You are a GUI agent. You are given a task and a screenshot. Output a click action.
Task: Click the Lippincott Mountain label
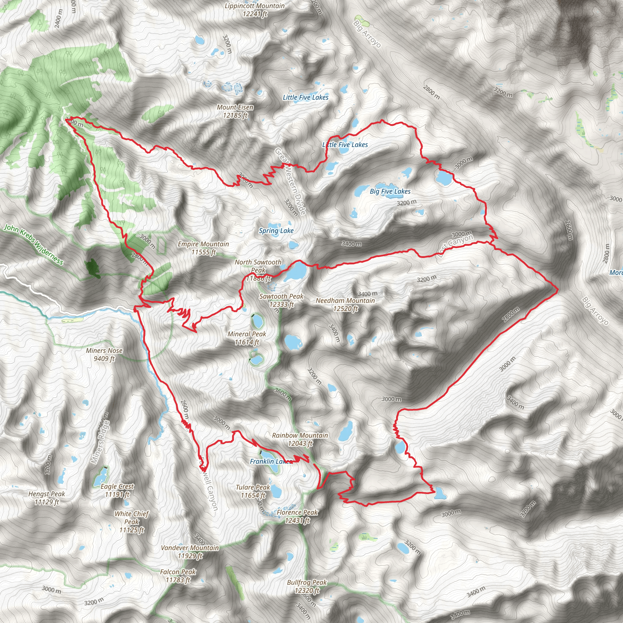255,10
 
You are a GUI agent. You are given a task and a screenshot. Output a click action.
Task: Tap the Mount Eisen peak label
235,111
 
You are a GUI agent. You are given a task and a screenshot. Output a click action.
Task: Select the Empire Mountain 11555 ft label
203,248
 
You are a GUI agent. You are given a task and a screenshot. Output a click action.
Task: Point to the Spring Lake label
276,231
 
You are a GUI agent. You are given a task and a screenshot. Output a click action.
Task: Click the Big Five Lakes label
390,191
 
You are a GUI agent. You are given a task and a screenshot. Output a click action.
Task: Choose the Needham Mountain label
345,305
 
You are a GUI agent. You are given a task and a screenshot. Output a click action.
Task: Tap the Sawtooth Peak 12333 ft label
281,300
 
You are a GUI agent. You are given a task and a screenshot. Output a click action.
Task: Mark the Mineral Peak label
247,338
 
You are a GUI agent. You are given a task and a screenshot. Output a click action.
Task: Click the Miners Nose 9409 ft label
104,354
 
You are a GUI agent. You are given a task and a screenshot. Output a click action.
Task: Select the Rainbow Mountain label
300,439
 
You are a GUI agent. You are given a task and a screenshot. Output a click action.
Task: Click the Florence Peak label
297,516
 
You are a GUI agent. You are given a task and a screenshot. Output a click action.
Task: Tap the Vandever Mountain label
190,552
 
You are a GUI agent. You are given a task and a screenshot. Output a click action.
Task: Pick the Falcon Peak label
178,576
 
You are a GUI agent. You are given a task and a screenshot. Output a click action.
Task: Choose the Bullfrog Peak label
307,586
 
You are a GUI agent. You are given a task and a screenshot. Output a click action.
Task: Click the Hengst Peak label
47,498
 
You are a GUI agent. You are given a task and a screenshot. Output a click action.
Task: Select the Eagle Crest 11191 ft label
117,490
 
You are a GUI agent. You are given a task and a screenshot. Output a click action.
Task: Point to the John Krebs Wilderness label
33,245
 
